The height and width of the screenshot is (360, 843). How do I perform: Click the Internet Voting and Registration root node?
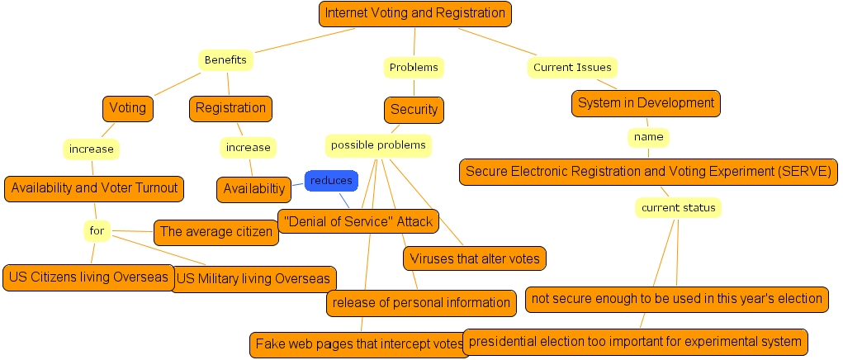[414, 13]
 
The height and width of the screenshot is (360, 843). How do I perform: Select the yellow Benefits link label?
[225, 60]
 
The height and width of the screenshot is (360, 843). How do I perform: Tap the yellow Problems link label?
[414, 67]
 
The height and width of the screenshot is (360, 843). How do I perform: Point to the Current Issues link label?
[572, 68]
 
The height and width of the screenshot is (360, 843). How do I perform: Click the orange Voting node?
[128, 108]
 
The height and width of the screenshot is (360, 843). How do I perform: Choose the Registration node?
[230, 108]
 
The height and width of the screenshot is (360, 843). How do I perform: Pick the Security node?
[414, 110]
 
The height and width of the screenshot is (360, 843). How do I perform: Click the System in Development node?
[646, 103]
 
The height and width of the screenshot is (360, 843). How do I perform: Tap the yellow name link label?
[647, 136]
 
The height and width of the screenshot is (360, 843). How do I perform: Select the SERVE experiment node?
[649, 172]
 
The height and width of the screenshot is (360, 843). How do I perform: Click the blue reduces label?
[331, 180]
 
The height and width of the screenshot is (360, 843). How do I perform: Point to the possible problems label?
[378, 145]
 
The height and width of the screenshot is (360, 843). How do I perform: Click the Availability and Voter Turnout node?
[94, 188]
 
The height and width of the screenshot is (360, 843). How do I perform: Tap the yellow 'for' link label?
[97, 230]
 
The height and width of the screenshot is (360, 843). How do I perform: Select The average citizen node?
[215, 232]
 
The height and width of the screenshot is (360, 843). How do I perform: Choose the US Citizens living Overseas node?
[89, 277]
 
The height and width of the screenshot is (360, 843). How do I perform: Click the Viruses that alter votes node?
[475, 258]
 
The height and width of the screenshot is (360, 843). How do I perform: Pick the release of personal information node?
[421, 303]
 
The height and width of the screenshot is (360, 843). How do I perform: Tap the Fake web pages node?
[359, 344]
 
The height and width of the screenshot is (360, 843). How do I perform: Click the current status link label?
[679, 208]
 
